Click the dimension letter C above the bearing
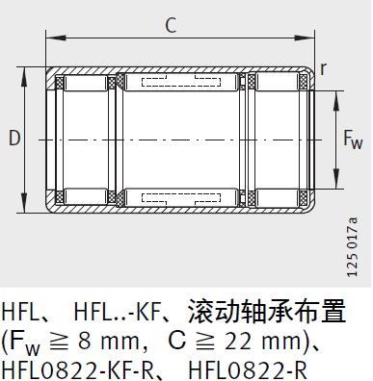tap(171, 26)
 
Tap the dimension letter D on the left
tap(13, 139)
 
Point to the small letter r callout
tap(324, 67)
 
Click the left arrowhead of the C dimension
tap(49, 38)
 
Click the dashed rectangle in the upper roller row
tap(180, 83)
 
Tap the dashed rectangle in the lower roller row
tap(180, 197)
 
